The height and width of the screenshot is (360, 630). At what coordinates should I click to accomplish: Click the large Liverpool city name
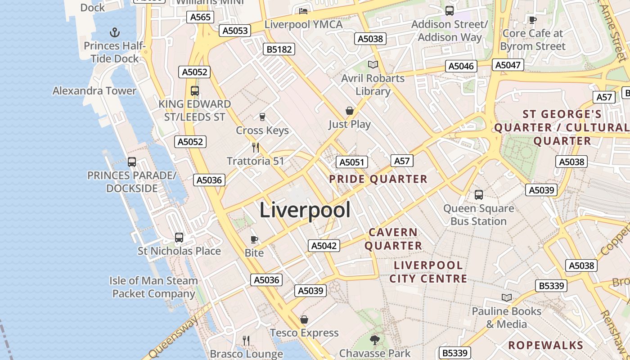(x=305, y=210)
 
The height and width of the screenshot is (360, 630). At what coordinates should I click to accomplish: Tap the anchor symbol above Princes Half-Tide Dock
(x=115, y=32)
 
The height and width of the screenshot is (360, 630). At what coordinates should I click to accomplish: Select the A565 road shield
(x=200, y=17)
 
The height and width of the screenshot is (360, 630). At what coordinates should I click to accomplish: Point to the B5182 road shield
(x=279, y=49)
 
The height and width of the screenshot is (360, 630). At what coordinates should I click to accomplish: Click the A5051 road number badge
(x=352, y=162)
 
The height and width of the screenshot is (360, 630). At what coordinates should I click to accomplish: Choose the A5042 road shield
(x=324, y=246)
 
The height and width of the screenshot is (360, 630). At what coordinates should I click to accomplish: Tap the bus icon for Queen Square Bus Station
(x=479, y=195)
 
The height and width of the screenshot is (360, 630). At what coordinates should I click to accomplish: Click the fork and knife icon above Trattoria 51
(x=256, y=147)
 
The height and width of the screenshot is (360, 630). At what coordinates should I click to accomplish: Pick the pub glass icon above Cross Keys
(x=262, y=117)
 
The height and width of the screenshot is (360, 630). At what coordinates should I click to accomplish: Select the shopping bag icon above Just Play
(x=349, y=111)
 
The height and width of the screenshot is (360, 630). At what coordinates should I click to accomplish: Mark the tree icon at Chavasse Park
(x=374, y=340)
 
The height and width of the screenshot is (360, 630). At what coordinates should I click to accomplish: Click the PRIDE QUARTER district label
(x=378, y=179)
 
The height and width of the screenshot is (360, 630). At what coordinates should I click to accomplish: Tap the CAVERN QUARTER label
(x=393, y=239)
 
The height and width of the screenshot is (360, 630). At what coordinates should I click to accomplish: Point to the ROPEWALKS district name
(x=545, y=346)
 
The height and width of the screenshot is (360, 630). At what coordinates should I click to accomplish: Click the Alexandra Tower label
(x=94, y=91)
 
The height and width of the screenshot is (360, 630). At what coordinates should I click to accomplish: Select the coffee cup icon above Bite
(x=254, y=239)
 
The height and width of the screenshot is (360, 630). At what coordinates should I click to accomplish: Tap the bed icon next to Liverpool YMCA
(x=303, y=11)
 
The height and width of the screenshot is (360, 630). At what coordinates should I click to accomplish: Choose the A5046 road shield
(x=461, y=66)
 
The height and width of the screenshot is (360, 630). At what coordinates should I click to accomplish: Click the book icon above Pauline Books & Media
(x=507, y=297)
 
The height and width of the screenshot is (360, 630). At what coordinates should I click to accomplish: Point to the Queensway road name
(x=174, y=337)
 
